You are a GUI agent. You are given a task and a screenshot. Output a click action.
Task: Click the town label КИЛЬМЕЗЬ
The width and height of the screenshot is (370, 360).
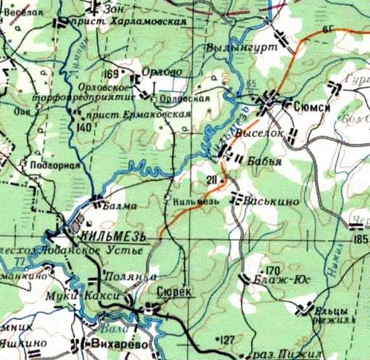pos(115,237)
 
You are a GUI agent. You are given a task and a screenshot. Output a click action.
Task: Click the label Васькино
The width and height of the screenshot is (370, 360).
pos(266,198)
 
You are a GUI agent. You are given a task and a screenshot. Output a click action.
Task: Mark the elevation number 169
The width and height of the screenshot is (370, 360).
pos(111,75)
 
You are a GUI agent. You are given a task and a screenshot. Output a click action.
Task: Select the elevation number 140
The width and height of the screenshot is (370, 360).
pos(84,128)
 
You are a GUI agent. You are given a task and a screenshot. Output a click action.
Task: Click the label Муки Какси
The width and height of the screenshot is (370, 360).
pos(91,295)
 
